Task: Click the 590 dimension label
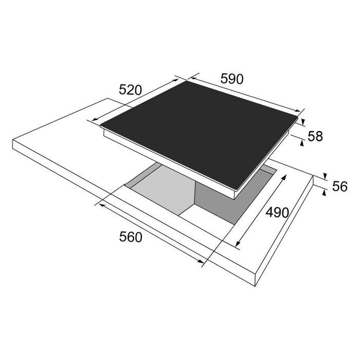(231, 79)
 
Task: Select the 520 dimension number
(130, 90)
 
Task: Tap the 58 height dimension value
(315, 136)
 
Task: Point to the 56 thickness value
(340, 186)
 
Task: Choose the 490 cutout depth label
(277, 212)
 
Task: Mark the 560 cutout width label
(131, 237)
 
